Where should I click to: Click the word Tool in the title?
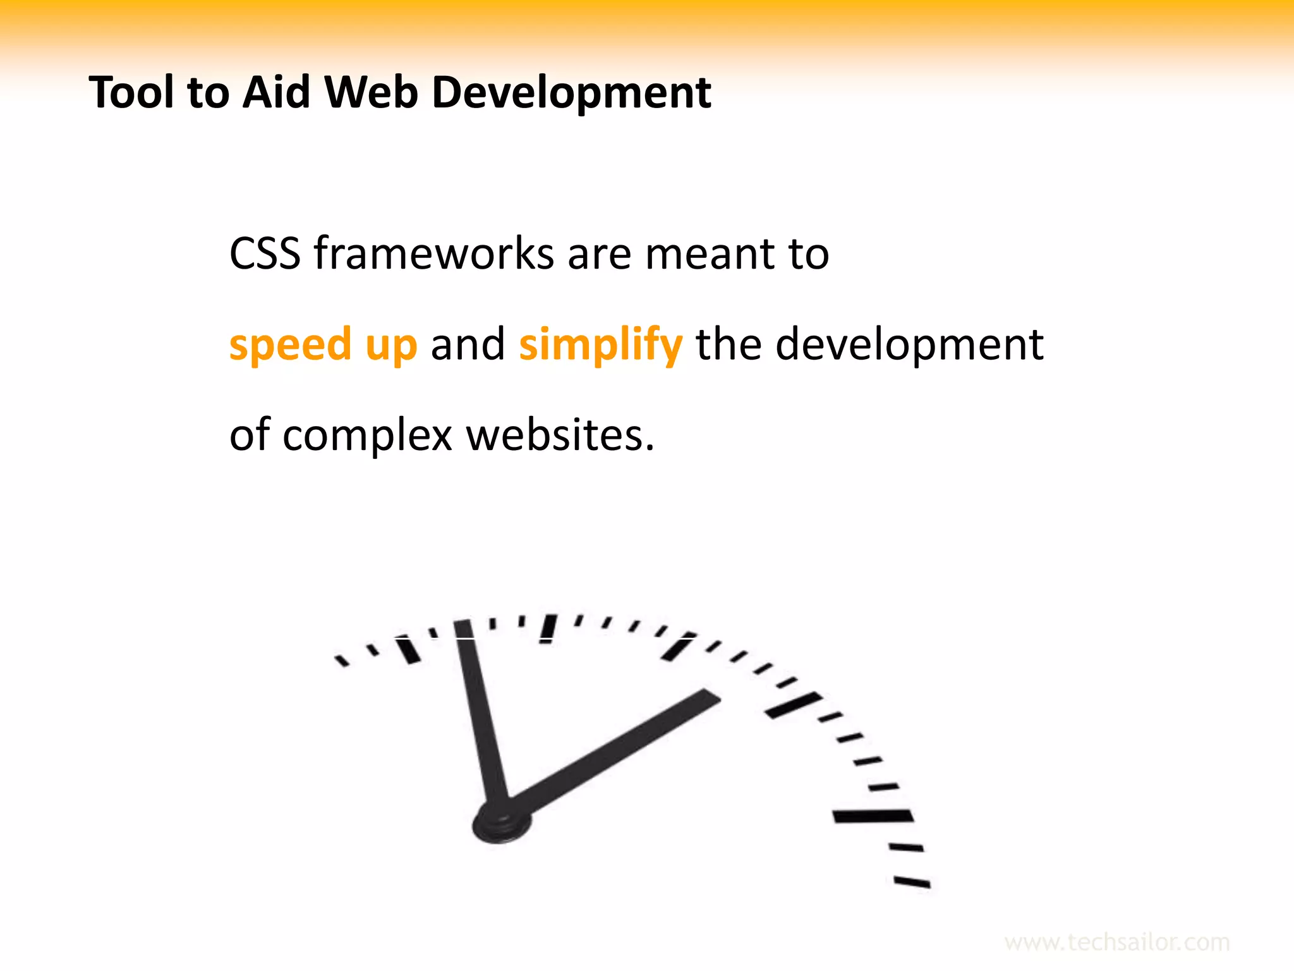point(131,93)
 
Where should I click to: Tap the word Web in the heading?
point(371,93)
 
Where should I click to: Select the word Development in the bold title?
point(571,93)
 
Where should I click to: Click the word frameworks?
point(434,254)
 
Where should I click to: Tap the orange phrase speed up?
point(323,345)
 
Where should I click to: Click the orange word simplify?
point(600,345)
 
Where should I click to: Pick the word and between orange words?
point(468,345)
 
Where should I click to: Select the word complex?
point(368,436)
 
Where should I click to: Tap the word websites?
point(560,436)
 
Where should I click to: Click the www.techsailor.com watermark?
point(1116,943)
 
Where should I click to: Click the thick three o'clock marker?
point(873,816)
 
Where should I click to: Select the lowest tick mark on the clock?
point(912,882)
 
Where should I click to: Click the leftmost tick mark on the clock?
point(342,661)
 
